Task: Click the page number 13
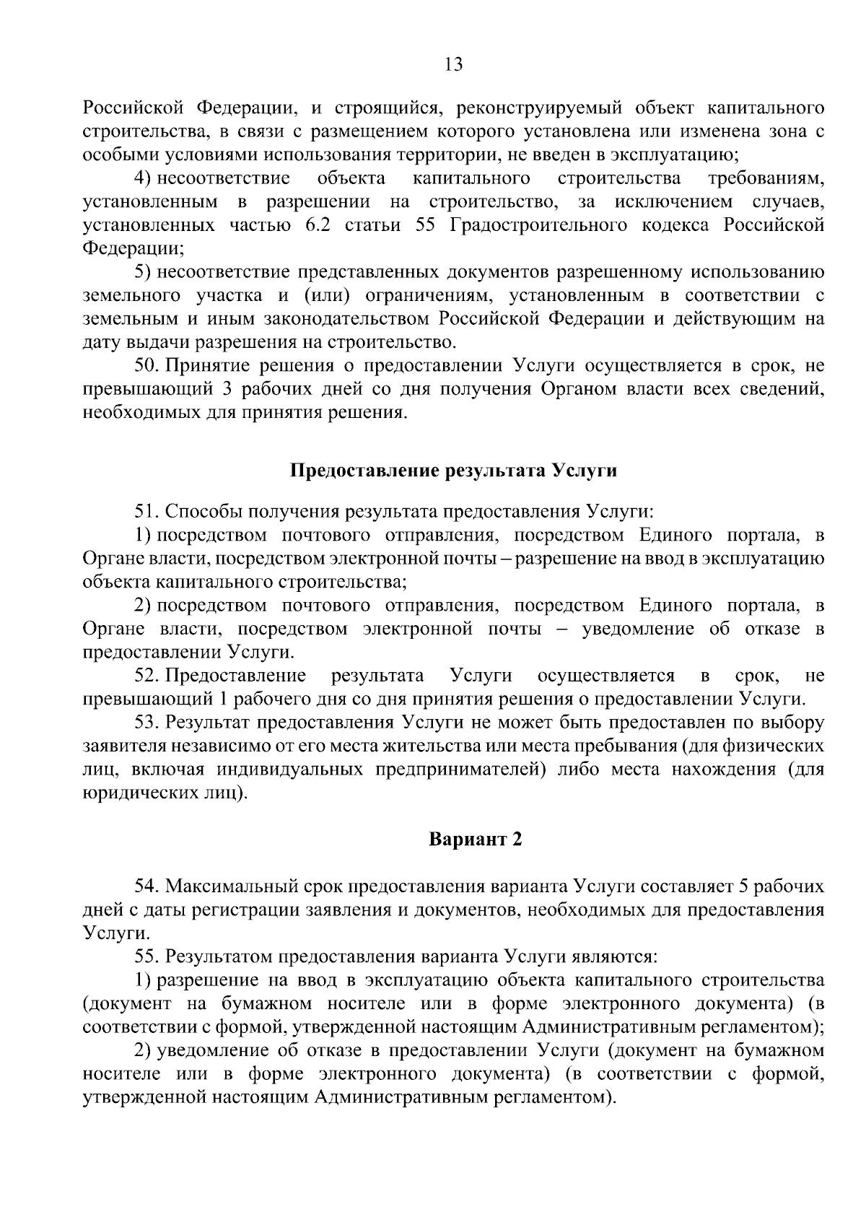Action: pyautogui.click(x=454, y=65)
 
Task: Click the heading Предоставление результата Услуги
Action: pyautogui.click(x=453, y=471)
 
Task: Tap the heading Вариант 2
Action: pyautogui.click(x=475, y=840)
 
